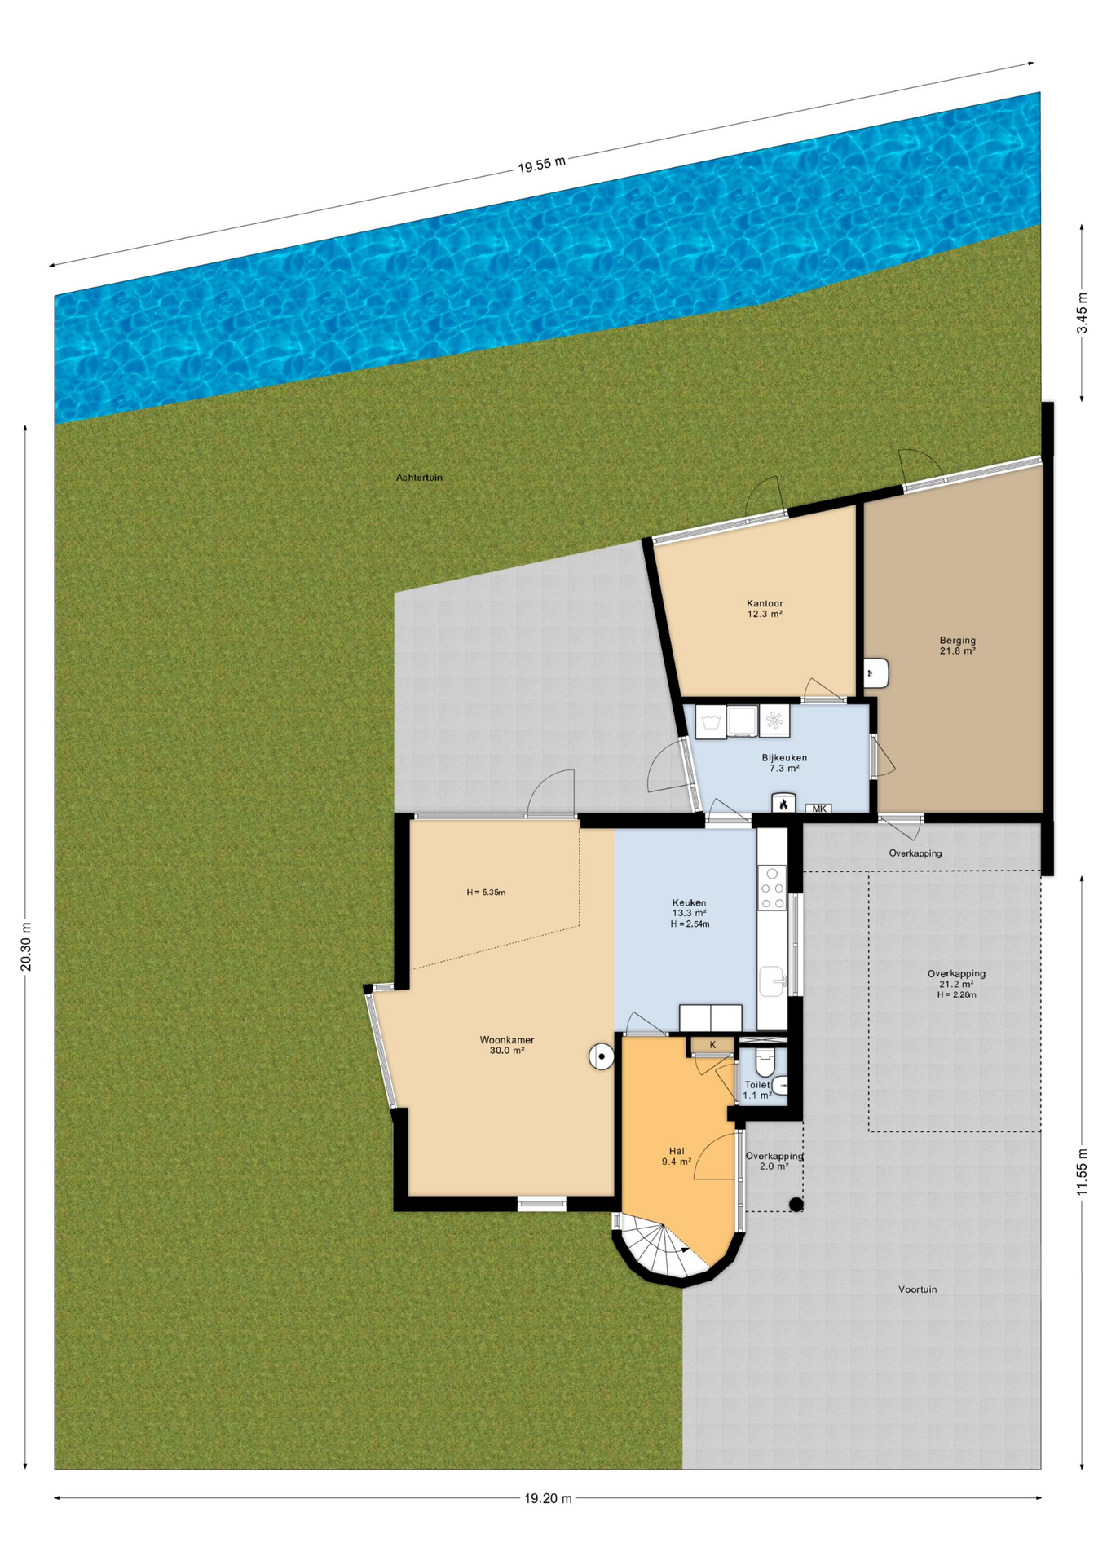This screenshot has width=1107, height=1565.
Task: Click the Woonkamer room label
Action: coord(506,1045)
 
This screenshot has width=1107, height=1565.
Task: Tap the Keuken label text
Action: coord(689,902)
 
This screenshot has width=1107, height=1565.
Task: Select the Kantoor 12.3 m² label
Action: coord(765,609)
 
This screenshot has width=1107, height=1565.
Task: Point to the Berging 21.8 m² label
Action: coord(957,646)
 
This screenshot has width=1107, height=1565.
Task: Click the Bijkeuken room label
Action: coord(784,763)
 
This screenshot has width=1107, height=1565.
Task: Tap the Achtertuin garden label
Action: coord(419,478)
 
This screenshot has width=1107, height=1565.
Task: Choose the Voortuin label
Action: coord(917,1289)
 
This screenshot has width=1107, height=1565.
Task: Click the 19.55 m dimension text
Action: coord(541,165)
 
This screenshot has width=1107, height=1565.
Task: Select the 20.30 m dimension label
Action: coord(26,946)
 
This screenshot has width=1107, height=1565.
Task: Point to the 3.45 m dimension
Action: coord(1082,313)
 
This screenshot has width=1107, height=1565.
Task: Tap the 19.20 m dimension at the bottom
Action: coord(548,1497)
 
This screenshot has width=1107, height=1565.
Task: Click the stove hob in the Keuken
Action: coord(772,888)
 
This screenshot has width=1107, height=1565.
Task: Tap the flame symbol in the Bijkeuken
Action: coord(783,804)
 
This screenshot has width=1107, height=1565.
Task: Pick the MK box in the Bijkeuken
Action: coord(818,809)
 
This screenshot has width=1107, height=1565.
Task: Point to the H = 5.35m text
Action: coord(486,893)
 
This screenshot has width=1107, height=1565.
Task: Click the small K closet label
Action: coord(712,1045)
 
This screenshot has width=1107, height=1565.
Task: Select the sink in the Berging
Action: coord(876,673)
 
